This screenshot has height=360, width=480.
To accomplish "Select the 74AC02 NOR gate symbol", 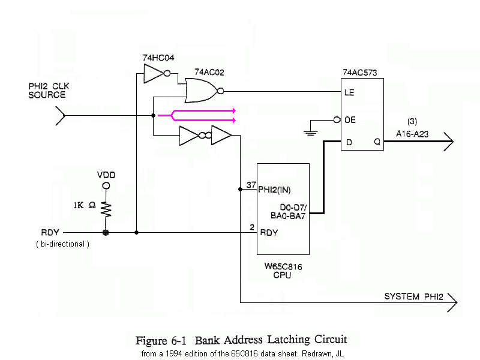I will click(203, 91).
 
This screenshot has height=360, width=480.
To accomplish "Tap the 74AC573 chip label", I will click(359, 73).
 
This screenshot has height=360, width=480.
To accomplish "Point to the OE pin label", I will click(350, 120).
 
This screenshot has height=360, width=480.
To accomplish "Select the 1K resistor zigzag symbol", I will click(106, 208).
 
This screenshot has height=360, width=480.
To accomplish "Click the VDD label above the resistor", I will click(106, 175).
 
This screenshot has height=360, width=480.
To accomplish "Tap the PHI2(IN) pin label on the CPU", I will click(274, 191).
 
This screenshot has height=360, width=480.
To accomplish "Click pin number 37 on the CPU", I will click(251, 185).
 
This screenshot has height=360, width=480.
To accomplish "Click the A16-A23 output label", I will click(412, 134).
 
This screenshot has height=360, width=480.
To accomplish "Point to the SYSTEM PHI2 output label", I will click(415, 296).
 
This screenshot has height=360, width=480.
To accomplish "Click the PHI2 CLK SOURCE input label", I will click(48, 91).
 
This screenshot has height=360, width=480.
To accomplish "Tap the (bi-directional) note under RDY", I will click(62, 244).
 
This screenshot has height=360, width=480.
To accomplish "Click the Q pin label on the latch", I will click(377, 142).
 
